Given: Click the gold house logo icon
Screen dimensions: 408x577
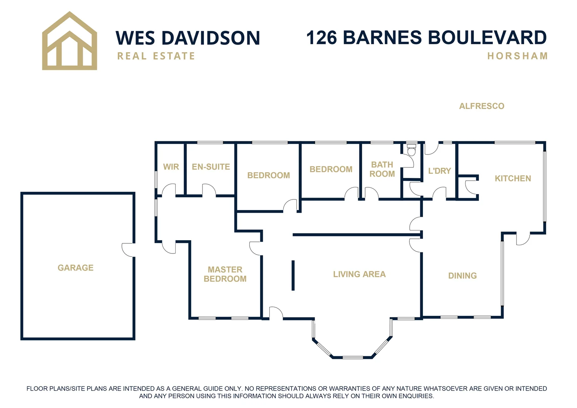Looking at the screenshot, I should pyautogui.click(x=69, y=42).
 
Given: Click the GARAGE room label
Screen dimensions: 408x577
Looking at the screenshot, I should pyautogui.click(x=76, y=268).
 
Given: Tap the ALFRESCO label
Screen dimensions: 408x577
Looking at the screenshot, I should pyautogui.click(x=481, y=106).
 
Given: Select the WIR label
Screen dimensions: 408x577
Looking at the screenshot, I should pyautogui.click(x=171, y=167).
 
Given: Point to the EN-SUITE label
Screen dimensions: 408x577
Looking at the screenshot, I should pyautogui.click(x=211, y=167).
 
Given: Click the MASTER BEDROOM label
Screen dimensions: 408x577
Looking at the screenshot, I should pyautogui.click(x=225, y=274).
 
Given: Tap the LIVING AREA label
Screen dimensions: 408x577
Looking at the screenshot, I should pyautogui.click(x=359, y=274).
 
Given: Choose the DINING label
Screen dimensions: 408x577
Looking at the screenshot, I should pyautogui.click(x=462, y=276).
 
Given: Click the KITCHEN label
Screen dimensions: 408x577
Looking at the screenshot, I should pyautogui.click(x=513, y=178).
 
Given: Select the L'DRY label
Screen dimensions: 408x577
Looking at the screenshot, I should pyautogui.click(x=440, y=171).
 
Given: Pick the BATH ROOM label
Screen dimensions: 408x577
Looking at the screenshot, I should pyautogui.click(x=382, y=169).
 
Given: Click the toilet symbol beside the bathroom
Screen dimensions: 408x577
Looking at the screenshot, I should pyautogui.click(x=411, y=149).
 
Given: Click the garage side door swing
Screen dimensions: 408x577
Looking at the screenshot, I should pyautogui.click(x=128, y=249).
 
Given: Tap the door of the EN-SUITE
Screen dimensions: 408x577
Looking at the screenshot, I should pyautogui.click(x=209, y=190).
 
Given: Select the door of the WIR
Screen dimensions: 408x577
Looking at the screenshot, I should pyautogui.click(x=169, y=190).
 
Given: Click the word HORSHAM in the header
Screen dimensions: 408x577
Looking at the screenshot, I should pyautogui.click(x=517, y=56).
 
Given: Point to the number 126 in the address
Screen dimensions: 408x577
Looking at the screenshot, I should pyautogui.click(x=322, y=38).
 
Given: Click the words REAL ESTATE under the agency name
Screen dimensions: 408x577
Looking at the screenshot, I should pyautogui.click(x=156, y=56).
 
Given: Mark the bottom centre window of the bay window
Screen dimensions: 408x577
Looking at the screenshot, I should pyautogui.click(x=353, y=357).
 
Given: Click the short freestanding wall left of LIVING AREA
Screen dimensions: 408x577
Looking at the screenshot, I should pyautogui.click(x=293, y=275).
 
